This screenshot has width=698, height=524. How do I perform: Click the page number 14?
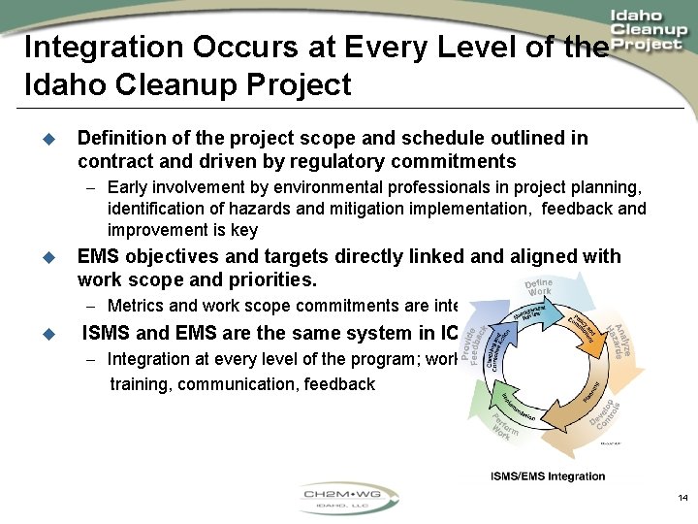(682, 498)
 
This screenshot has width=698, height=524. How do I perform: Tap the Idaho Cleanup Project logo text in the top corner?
(649, 31)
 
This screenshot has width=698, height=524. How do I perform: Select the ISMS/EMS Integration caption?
(548, 476)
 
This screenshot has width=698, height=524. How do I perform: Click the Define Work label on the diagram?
(539, 288)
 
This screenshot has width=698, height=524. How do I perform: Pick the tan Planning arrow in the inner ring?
(587, 393)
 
